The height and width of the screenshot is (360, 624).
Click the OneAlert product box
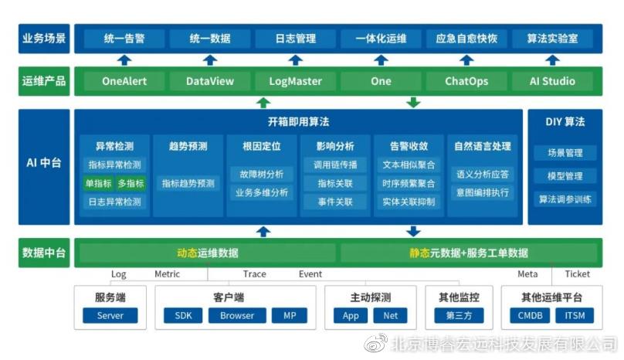(x=124, y=81)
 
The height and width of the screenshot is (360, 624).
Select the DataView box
(x=210, y=81)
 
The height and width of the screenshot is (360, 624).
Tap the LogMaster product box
(x=295, y=81)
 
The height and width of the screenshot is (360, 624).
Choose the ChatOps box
(x=466, y=81)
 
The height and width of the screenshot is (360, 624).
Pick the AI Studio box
(x=552, y=81)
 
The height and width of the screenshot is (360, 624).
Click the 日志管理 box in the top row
(x=295, y=38)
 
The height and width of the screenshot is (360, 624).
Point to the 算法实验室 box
(x=552, y=38)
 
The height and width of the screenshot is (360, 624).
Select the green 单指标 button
(x=98, y=183)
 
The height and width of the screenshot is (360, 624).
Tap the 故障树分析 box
(x=262, y=174)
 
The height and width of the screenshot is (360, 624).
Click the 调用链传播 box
(x=334, y=165)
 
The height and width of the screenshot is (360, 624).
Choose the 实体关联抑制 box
(x=409, y=202)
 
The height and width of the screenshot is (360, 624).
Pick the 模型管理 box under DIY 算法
(x=565, y=175)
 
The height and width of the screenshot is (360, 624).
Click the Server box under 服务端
(x=110, y=315)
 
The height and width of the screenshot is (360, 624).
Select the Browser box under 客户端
(x=236, y=315)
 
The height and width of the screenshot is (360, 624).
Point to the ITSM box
(x=575, y=315)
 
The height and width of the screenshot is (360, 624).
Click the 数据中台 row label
(x=43, y=253)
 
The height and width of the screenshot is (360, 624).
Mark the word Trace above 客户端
(x=254, y=274)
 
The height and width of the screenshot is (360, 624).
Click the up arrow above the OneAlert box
(x=124, y=59)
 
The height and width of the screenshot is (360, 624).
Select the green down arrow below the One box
(x=413, y=102)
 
